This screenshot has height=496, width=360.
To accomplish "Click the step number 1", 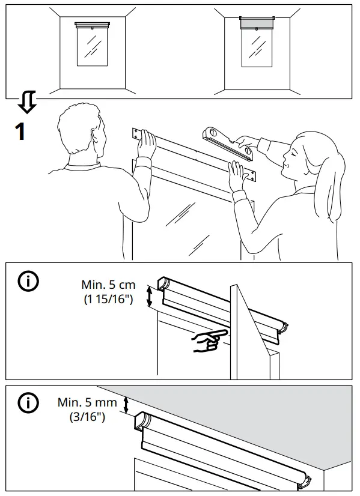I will point(20,130).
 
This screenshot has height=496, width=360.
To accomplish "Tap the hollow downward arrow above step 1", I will point(26,103).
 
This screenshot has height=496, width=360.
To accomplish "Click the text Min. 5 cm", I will point(108,285).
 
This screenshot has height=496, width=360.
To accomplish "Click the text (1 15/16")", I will point(108,299).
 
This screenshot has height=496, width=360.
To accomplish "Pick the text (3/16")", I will point(87,416).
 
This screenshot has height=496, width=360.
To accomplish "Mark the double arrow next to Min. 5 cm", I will point(150,296).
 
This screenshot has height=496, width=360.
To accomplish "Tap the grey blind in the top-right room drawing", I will point(256,25).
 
